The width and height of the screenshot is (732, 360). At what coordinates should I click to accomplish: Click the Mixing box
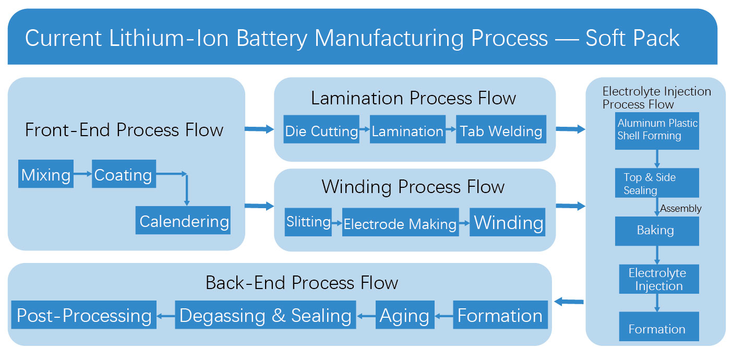click(46, 175)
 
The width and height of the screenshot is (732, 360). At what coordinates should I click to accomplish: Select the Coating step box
click(123, 175)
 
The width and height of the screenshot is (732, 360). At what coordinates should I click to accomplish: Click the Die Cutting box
click(321, 130)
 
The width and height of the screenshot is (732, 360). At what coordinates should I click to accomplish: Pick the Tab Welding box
click(501, 130)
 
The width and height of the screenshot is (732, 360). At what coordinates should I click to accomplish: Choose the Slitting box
click(308, 222)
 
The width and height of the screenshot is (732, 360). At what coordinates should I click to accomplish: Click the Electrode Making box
click(400, 223)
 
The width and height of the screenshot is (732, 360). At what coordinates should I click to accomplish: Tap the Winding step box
click(508, 222)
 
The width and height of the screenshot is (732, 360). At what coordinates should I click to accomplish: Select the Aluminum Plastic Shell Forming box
click(657, 130)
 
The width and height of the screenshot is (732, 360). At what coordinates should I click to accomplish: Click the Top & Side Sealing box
click(657, 184)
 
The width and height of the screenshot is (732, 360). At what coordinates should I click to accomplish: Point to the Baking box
click(657, 231)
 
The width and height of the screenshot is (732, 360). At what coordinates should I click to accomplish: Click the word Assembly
click(681, 209)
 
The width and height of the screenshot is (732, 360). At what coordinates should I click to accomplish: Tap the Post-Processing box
click(84, 315)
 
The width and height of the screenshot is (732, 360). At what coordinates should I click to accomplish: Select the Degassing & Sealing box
click(265, 315)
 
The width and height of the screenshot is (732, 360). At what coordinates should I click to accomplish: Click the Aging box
click(404, 315)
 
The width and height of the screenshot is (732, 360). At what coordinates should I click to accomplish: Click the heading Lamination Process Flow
click(414, 98)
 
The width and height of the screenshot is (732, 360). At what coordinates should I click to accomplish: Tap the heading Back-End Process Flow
click(302, 282)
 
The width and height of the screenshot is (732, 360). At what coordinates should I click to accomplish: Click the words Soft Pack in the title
click(632, 38)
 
